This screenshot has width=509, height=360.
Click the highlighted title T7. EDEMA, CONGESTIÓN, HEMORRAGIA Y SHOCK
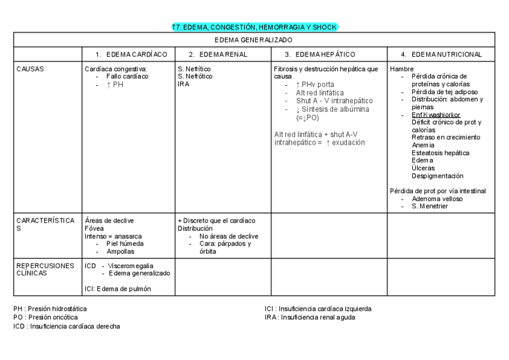[255, 27]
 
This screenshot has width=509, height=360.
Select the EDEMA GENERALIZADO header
[254, 40]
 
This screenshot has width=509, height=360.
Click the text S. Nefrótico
[194, 77]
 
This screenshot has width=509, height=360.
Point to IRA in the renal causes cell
[183, 84]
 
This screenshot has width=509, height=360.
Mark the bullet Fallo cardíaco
[127, 77]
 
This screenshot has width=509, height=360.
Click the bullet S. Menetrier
[430, 206]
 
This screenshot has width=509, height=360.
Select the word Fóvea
[94, 229]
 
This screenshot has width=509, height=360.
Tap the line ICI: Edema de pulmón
[118, 289]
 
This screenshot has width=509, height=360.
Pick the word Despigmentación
[438, 176]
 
